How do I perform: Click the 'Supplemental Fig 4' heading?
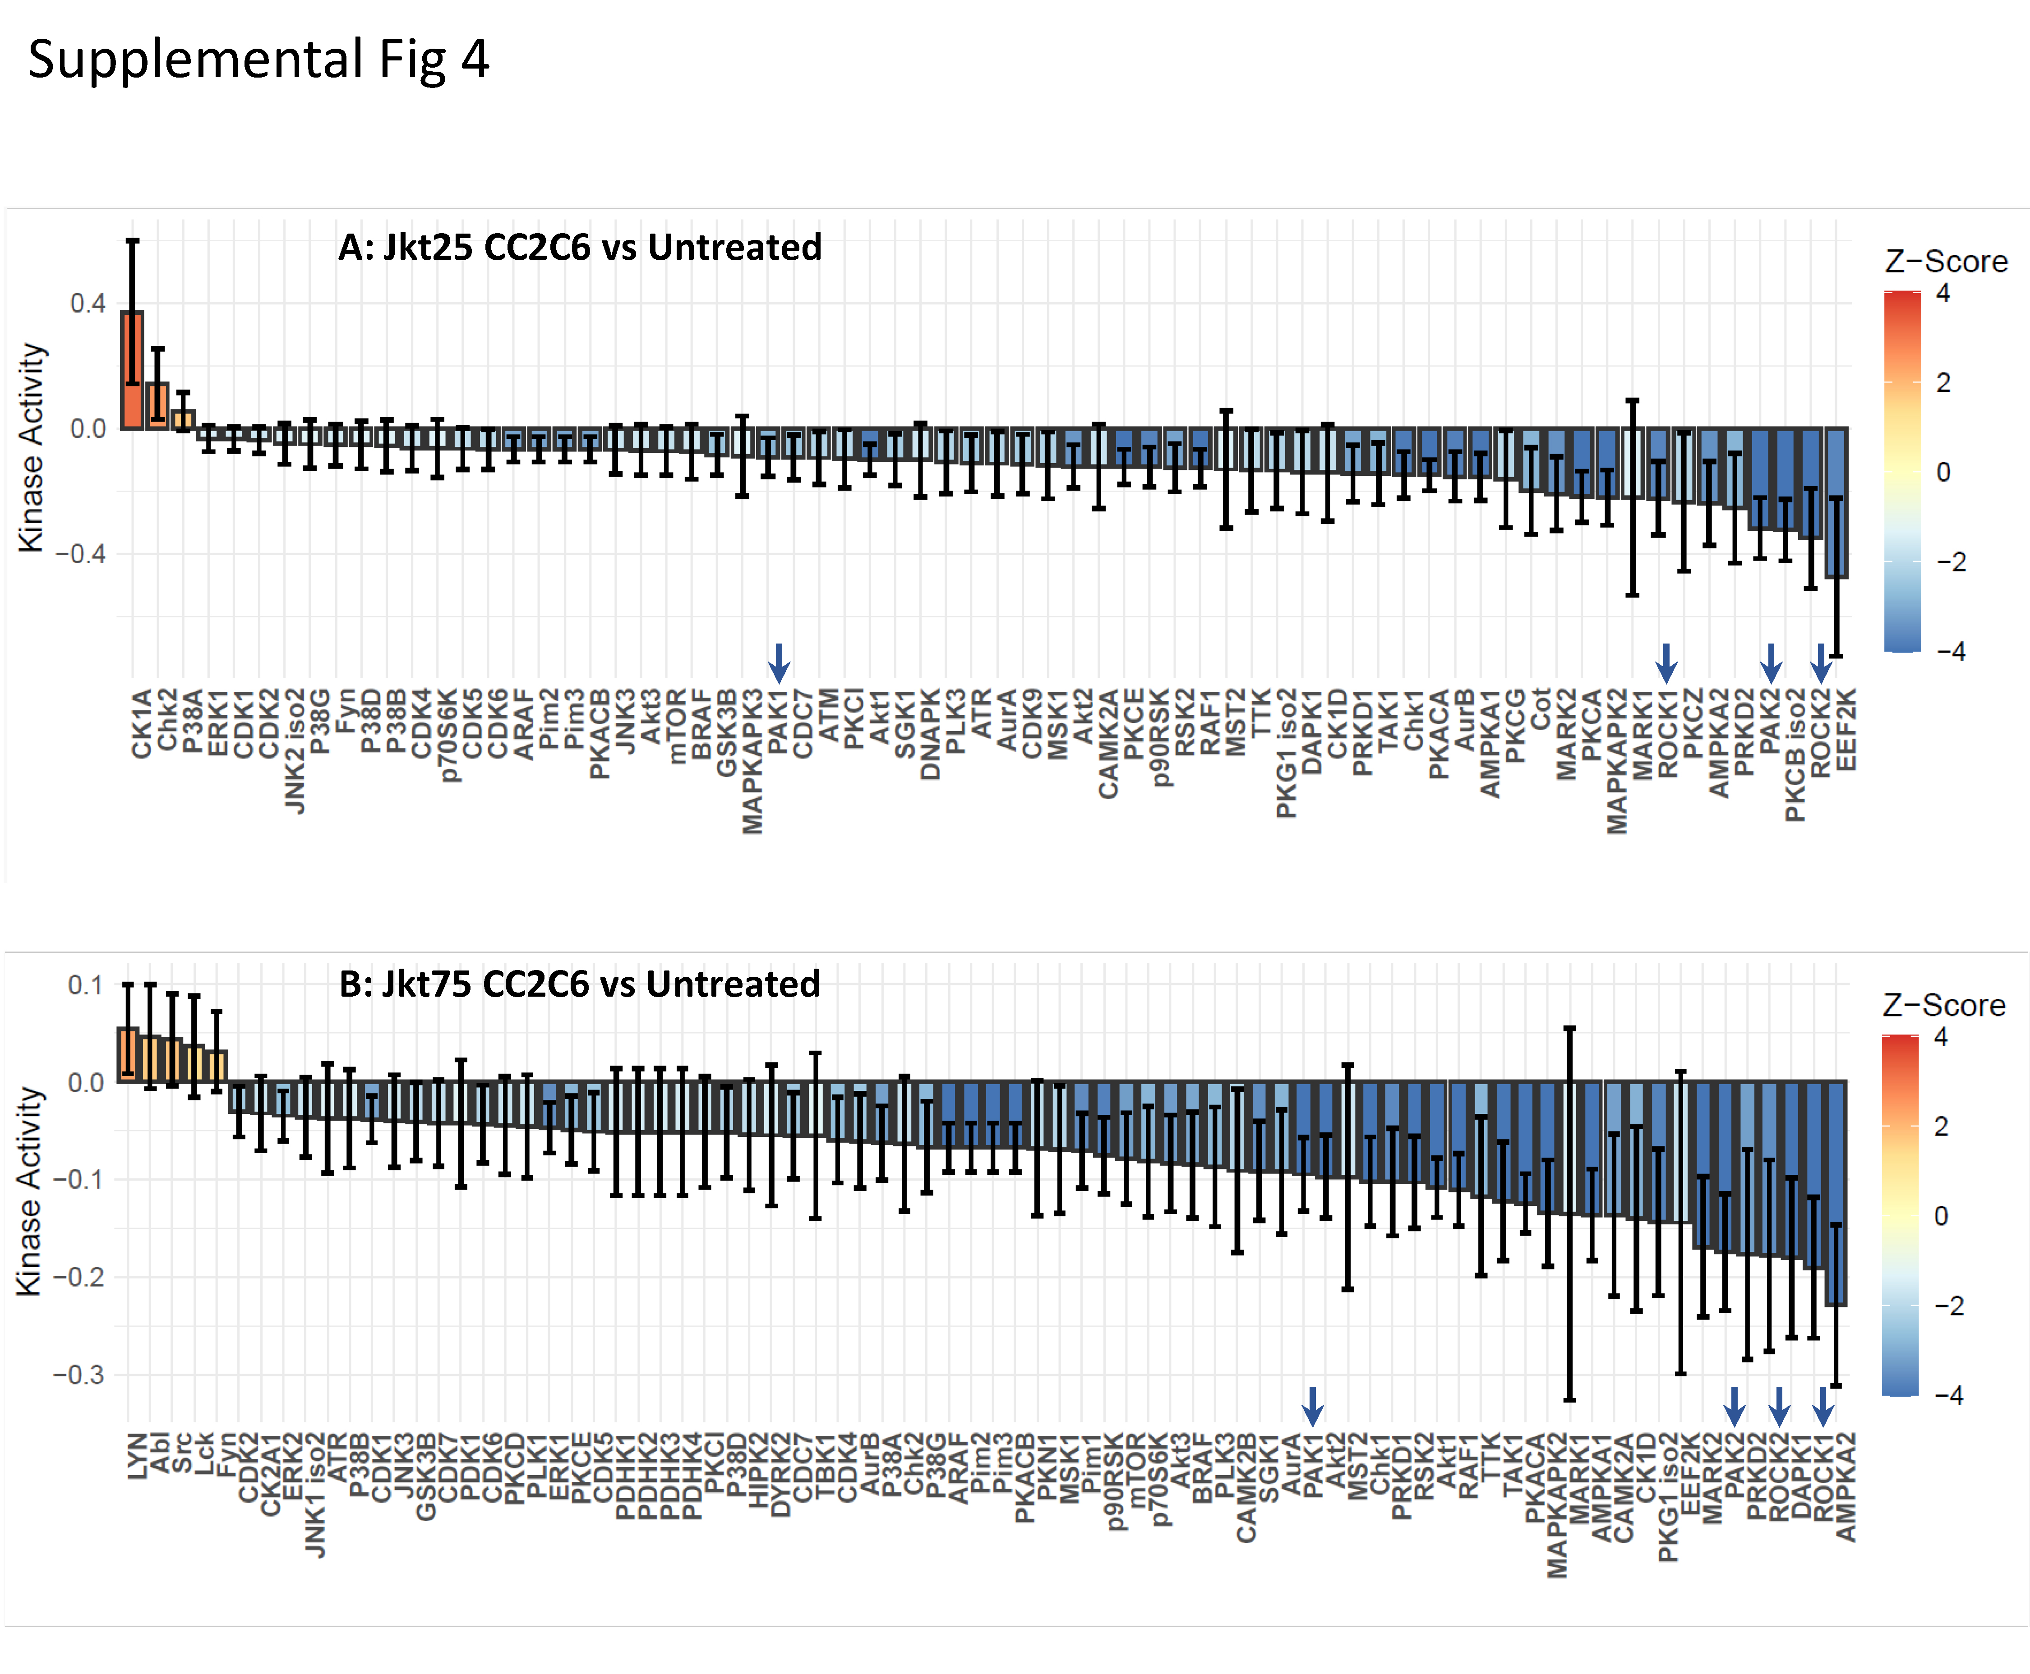click(x=258, y=60)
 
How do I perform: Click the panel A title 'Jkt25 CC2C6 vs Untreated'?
click(x=580, y=248)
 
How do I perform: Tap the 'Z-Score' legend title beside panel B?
click(x=1943, y=1006)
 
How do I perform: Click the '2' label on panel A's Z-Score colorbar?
click(x=1943, y=383)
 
